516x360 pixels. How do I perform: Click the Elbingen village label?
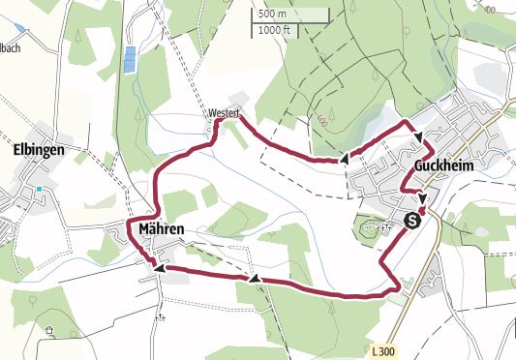tap(39, 150)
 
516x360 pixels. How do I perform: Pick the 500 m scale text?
tap(273, 15)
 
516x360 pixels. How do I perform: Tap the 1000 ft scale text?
tap(276, 30)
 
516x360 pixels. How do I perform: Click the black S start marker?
tap(413, 220)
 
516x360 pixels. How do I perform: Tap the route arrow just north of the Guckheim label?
tap(417, 137)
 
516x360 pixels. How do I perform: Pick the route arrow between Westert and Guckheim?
tap(344, 158)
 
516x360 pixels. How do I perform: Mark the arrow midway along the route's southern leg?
tap(254, 279)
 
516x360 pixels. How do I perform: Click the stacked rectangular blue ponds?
tap(130, 59)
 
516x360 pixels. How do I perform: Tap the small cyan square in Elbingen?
tap(39, 189)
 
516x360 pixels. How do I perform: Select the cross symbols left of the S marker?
tap(386, 226)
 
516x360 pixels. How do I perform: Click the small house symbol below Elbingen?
tap(48, 331)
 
